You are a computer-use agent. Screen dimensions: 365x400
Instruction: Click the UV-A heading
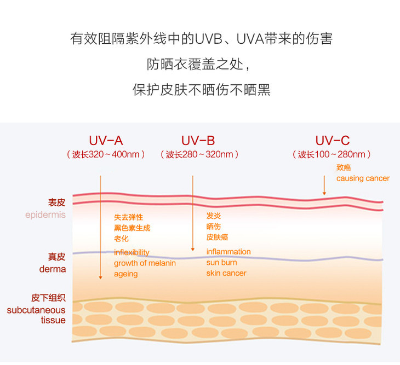(106, 140)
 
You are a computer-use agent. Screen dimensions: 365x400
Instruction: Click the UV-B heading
(198, 140)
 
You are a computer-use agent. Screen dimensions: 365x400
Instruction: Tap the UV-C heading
(332, 140)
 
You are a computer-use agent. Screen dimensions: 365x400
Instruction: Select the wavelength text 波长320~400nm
(106, 154)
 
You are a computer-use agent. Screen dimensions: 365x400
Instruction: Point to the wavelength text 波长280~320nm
(199, 154)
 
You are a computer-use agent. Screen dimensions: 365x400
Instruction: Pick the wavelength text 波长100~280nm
(332, 154)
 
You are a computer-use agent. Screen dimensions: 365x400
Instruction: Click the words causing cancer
(363, 178)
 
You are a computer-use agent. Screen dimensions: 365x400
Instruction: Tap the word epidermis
(45, 215)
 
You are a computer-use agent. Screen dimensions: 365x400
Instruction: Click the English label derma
(52, 269)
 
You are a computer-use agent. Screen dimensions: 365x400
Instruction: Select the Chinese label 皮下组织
(48, 298)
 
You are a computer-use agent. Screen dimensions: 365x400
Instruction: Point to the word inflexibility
(132, 252)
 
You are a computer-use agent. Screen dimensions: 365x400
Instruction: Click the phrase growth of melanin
(145, 263)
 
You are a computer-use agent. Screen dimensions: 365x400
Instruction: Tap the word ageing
(125, 274)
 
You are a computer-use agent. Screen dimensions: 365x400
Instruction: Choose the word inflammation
(228, 252)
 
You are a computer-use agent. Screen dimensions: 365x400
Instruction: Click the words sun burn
(221, 263)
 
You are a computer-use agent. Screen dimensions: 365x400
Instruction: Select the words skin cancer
(226, 273)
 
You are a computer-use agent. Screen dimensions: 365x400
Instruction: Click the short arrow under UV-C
(324, 186)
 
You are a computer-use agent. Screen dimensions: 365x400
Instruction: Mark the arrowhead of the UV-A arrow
(100, 277)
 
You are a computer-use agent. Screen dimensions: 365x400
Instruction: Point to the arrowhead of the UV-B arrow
(192, 248)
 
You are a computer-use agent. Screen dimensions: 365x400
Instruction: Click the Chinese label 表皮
(56, 202)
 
